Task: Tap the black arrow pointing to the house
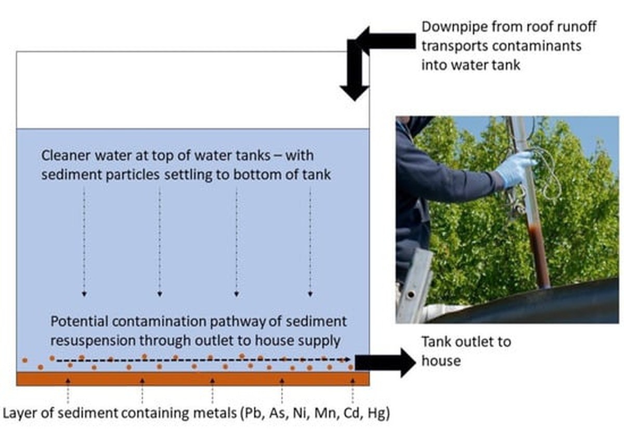click(x=385, y=362)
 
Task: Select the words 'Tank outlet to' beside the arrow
click(x=466, y=342)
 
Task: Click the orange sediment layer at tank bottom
click(x=192, y=379)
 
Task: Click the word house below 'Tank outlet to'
click(x=441, y=360)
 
